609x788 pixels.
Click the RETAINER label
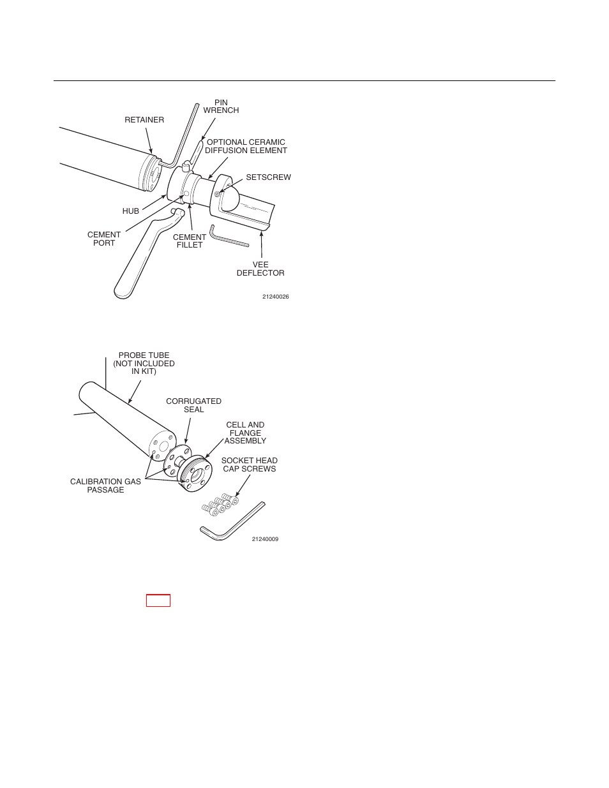pos(144,120)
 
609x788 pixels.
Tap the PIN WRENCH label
pos(221,107)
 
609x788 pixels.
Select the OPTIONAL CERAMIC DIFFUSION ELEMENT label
pos(246,147)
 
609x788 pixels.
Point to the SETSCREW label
pos(268,177)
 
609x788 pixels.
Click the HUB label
pos(130,211)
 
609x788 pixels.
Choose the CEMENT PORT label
pos(104,239)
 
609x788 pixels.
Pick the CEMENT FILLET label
pos(190,241)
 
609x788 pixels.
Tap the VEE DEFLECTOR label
pos(260,269)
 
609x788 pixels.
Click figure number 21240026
pos(275,297)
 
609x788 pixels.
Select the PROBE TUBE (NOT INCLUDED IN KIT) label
pos(144,364)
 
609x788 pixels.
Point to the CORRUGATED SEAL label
pos(193,405)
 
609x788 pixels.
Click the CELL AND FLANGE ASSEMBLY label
pos(245,433)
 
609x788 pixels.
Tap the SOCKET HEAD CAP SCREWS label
pos(249,465)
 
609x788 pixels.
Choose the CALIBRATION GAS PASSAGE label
pos(105,486)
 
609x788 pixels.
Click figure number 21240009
pos(265,539)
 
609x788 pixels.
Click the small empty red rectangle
pos(158,600)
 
